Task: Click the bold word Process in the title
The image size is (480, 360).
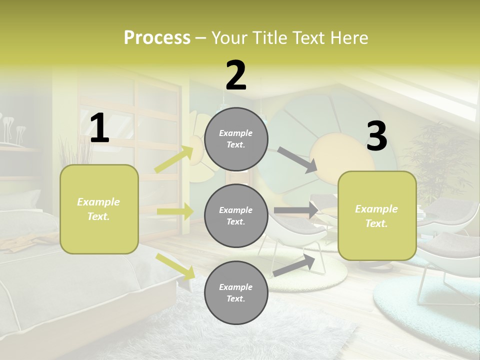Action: point(157,38)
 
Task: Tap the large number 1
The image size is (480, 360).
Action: point(99,128)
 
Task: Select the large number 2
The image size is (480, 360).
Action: point(236,75)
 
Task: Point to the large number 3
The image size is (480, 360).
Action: point(376,136)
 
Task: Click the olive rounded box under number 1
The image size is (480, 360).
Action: point(99,209)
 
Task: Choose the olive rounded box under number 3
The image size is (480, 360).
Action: point(377,215)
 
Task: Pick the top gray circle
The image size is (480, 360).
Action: point(236,139)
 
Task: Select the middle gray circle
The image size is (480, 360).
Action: point(236,215)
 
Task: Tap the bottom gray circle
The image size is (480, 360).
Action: point(236,292)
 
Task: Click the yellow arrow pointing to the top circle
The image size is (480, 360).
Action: point(174,159)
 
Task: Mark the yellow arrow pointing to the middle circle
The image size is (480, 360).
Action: point(175,211)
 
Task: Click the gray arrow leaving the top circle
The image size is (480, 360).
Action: point(297,160)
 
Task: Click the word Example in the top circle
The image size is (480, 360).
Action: point(236,133)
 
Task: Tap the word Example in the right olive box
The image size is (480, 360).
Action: point(376,209)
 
